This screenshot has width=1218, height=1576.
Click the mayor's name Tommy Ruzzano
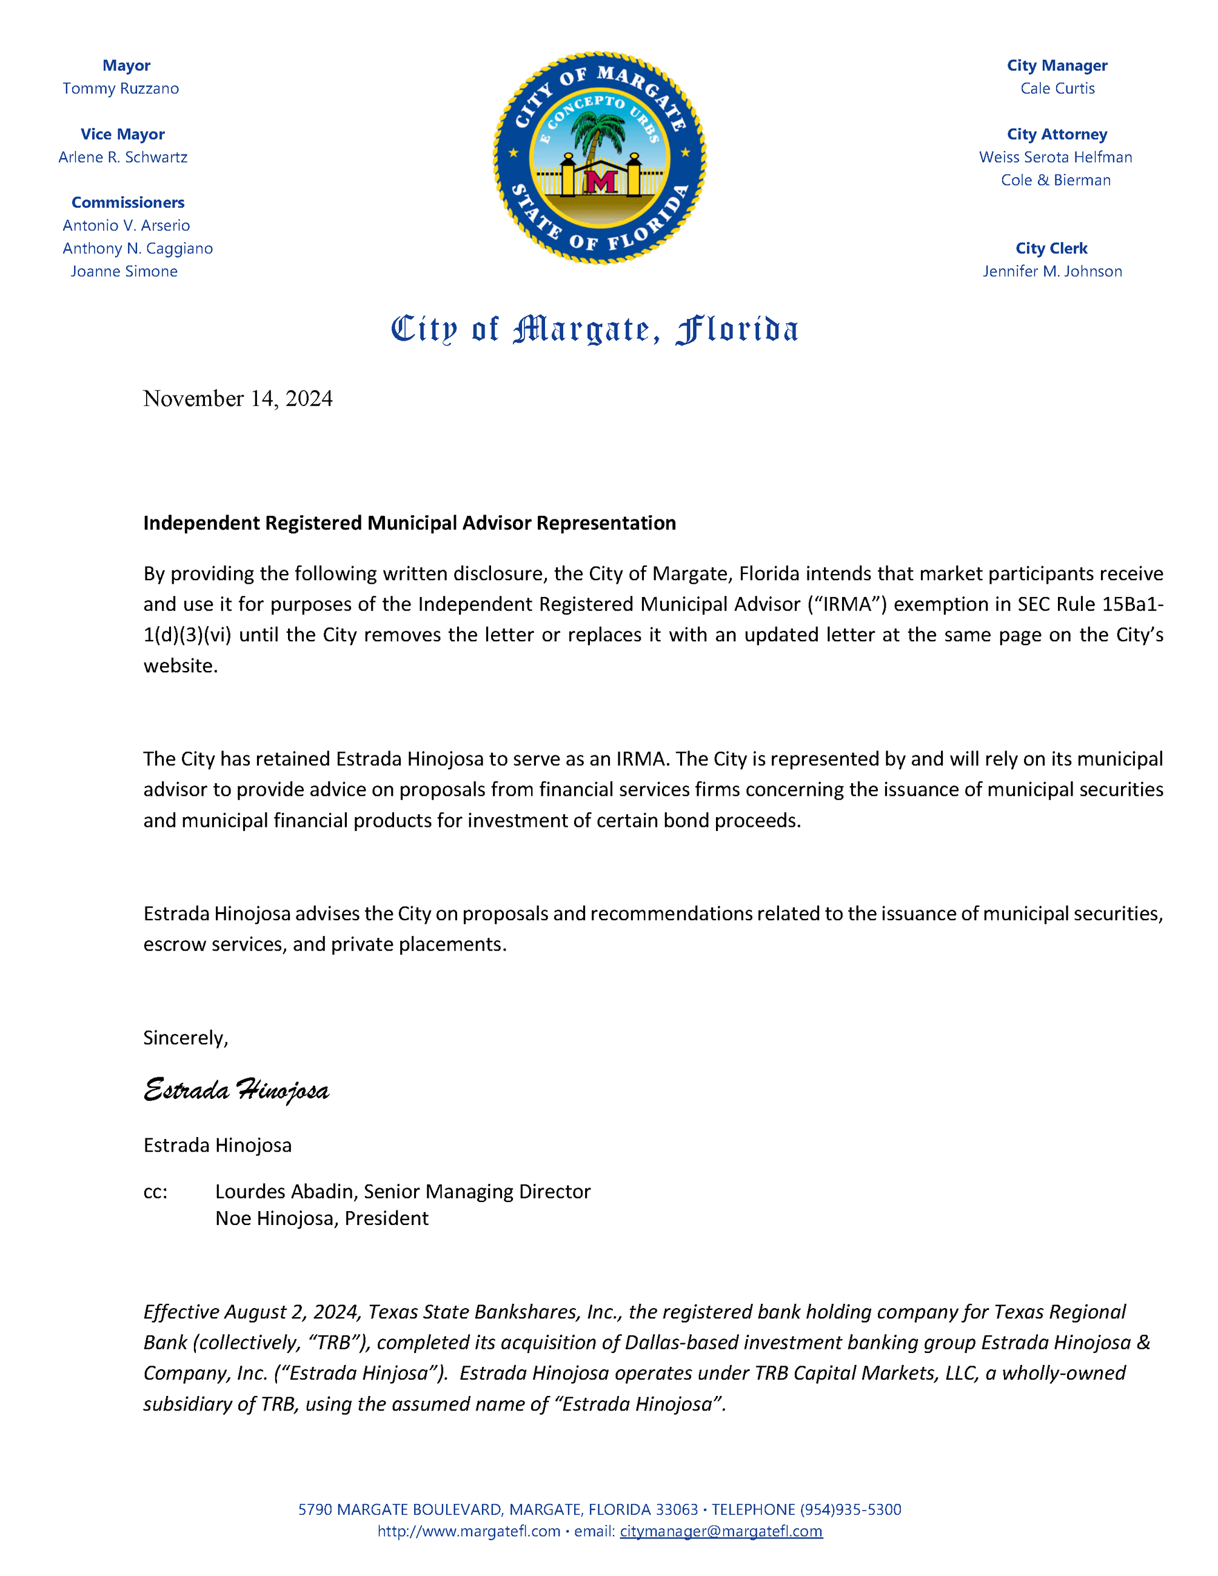(121, 88)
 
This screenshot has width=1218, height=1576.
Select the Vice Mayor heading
(122, 134)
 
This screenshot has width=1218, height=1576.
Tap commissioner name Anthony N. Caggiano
(138, 249)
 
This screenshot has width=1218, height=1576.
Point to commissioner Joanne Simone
(124, 272)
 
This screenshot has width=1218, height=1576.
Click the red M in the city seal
(600, 181)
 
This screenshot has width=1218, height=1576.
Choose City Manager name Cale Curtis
(1057, 88)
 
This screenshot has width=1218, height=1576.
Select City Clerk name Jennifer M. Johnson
(1052, 272)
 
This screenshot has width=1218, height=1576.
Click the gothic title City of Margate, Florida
(595, 330)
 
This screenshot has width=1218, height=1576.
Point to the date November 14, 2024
(238, 398)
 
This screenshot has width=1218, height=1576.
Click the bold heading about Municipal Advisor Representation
(409, 523)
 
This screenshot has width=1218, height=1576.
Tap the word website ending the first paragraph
(181, 666)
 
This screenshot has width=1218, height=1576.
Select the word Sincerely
(186, 1038)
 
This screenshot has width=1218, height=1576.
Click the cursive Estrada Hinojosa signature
(236, 1090)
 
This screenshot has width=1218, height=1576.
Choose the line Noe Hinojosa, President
(322, 1219)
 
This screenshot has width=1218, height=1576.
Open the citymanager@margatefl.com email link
(721, 1531)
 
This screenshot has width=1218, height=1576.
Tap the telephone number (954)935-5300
(850, 1509)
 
